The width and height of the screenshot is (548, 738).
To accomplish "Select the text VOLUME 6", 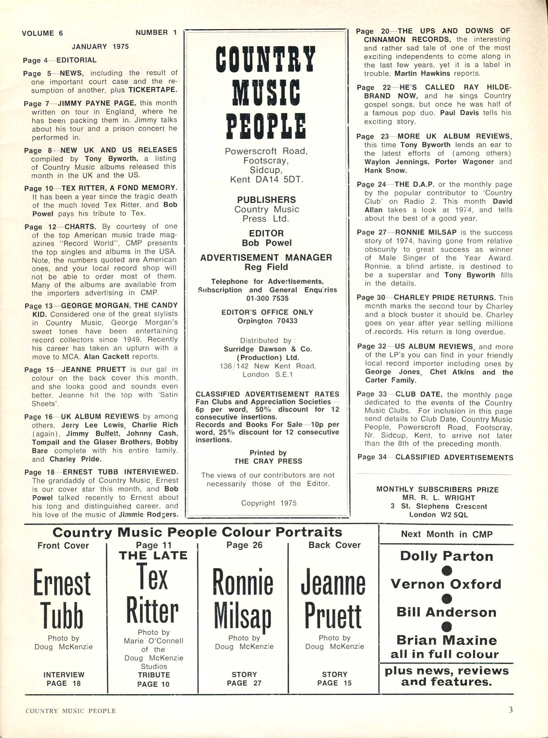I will point(42,33).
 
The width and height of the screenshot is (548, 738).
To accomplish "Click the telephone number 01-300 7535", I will point(267,299).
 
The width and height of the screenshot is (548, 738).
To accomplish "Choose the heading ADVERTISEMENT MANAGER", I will point(266,258).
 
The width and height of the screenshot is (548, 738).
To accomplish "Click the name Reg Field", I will point(266,267).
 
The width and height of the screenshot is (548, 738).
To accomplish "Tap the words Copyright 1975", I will point(269,503).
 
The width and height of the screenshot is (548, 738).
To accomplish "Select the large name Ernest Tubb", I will point(62,599).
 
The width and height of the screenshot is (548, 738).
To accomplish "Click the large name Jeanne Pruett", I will point(333,599).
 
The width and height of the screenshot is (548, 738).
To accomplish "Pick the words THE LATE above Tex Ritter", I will point(153,556).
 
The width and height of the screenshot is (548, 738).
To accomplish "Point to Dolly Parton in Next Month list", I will point(446,556).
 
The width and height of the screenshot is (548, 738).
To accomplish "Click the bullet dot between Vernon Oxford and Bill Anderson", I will point(447,599).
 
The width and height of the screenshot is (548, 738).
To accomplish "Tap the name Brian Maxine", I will point(446,640).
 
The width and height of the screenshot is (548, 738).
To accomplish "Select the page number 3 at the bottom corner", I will point(511,710).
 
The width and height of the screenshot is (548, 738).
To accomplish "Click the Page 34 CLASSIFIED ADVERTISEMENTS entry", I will point(435,457).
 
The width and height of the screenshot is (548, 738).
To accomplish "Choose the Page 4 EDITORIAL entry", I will point(60,60).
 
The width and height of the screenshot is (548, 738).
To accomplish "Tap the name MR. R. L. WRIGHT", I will point(438,498).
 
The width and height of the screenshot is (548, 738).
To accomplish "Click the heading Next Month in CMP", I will point(446,534).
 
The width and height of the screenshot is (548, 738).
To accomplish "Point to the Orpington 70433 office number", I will point(267,321).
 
